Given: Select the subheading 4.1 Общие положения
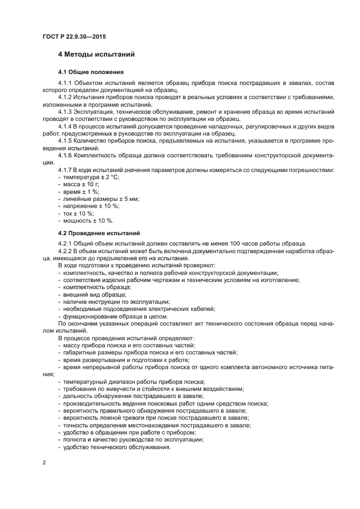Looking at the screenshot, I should tap(91, 72).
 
